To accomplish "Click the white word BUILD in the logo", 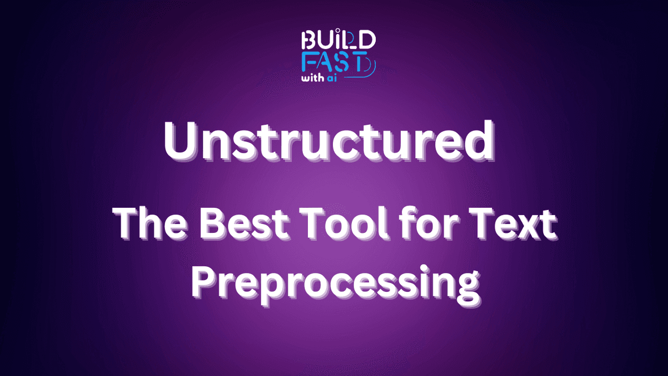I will click(337, 40).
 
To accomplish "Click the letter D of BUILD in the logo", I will click(368, 40).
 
